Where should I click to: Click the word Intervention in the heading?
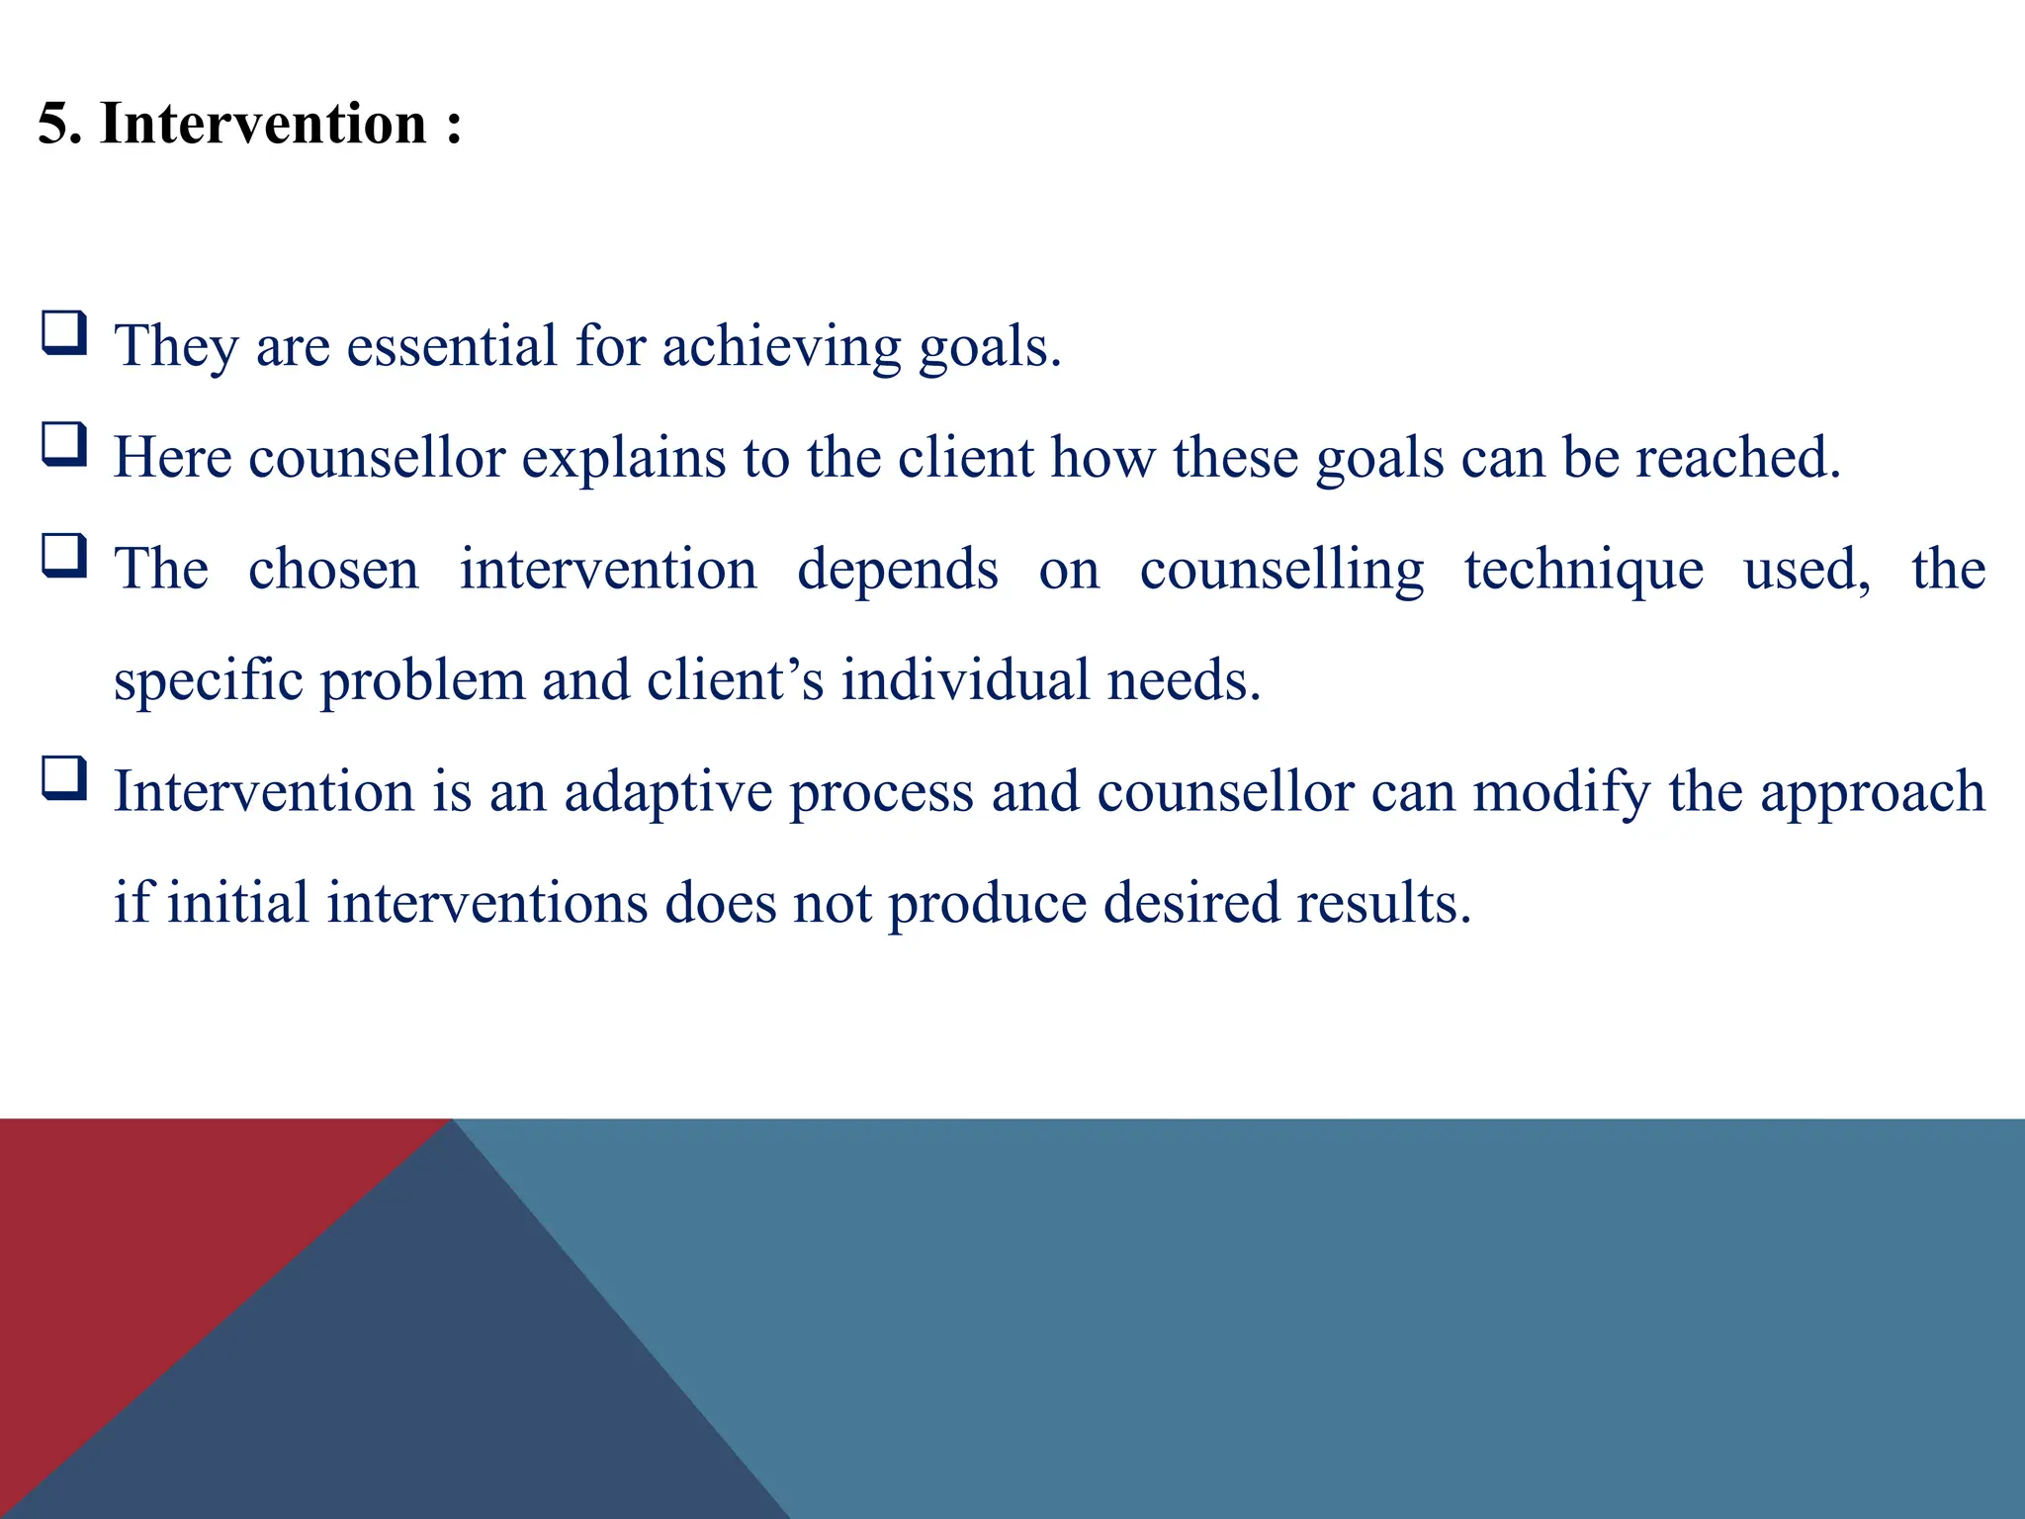[263, 125]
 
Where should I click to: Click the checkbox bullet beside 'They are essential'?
[64, 333]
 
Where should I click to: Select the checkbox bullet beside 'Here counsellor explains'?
[64, 444]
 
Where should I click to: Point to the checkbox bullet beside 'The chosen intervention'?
[64, 556]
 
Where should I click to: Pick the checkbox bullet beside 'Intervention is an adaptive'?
[64, 778]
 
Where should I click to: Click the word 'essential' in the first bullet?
[452, 346]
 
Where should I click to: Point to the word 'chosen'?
[333, 570]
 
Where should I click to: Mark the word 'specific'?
[208, 682]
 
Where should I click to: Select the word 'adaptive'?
[667, 793]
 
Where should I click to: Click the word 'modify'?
[1561, 793]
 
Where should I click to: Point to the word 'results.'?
[1383, 904]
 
